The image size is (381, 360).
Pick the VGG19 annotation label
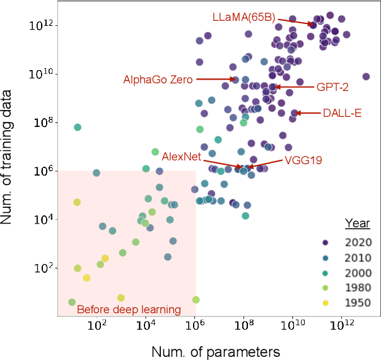[x=303, y=160]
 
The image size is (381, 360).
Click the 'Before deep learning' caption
[x=129, y=309]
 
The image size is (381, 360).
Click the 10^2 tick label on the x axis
[x=97, y=326]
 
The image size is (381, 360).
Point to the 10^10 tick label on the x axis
[x=293, y=326]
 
